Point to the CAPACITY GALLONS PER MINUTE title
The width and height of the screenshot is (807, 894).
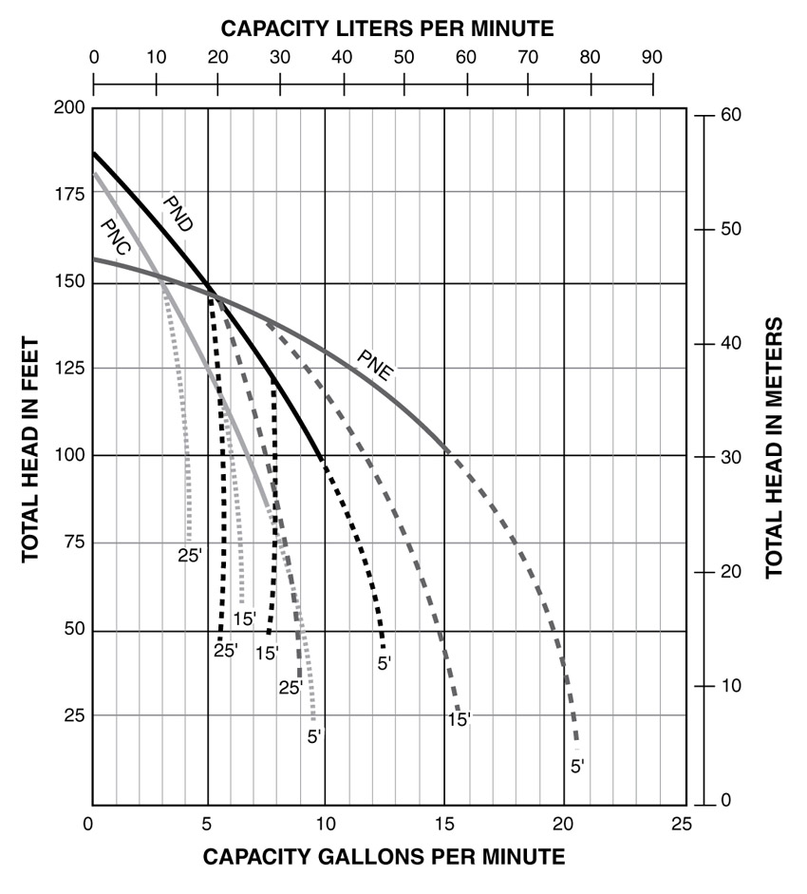click(384, 857)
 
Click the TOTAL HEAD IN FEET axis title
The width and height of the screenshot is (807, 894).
click(30, 448)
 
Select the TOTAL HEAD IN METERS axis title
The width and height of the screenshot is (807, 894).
click(774, 448)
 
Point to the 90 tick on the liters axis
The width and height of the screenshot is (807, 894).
click(652, 56)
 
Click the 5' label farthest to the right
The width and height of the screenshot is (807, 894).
click(577, 766)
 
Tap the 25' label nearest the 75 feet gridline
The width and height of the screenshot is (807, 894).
click(190, 556)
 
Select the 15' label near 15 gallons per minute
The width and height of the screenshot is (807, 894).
click(460, 720)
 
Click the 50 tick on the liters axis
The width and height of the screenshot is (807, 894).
click(403, 56)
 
